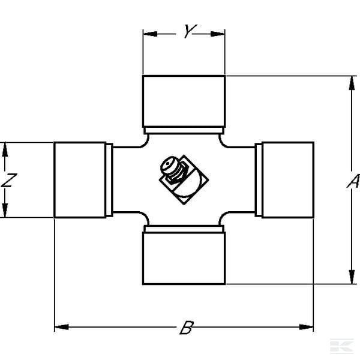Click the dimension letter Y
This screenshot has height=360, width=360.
pyautogui.click(x=190, y=31)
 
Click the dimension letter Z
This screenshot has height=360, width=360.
pyautogui.click(x=9, y=180)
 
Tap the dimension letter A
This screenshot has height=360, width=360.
pyautogui.click(x=353, y=181)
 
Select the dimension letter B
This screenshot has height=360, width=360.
pyautogui.click(x=187, y=328)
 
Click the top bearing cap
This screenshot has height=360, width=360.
pyautogui.click(x=184, y=101)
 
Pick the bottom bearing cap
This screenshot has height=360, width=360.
pyautogui.click(x=184, y=258)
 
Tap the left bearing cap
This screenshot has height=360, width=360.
pyautogui.click(x=80, y=180)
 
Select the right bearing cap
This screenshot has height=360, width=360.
pyautogui.click(x=288, y=180)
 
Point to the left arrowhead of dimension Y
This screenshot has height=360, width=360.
pyautogui.click(x=150, y=34)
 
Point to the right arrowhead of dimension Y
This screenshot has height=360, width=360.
pyautogui.click(x=218, y=34)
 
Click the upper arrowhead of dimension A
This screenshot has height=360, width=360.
pyautogui.click(x=352, y=83)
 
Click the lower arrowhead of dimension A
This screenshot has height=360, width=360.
pyautogui.click(x=352, y=277)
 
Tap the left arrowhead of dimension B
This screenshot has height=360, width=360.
pyautogui.click(x=62, y=327)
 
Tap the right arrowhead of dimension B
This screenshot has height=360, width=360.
pyautogui.click(x=306, y=327)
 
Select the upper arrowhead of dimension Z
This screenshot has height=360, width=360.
pyautogui.click(x=5, y=149)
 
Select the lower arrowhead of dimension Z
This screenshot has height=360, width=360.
pyautogui.click(x=5, y=210)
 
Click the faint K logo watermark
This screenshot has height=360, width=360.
pyautogui.click(x=341, y=346)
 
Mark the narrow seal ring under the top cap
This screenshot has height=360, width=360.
pyautogui.click(x=184, y=130)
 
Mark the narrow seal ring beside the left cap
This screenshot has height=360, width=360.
pyautogui.click(x=109, y=180)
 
